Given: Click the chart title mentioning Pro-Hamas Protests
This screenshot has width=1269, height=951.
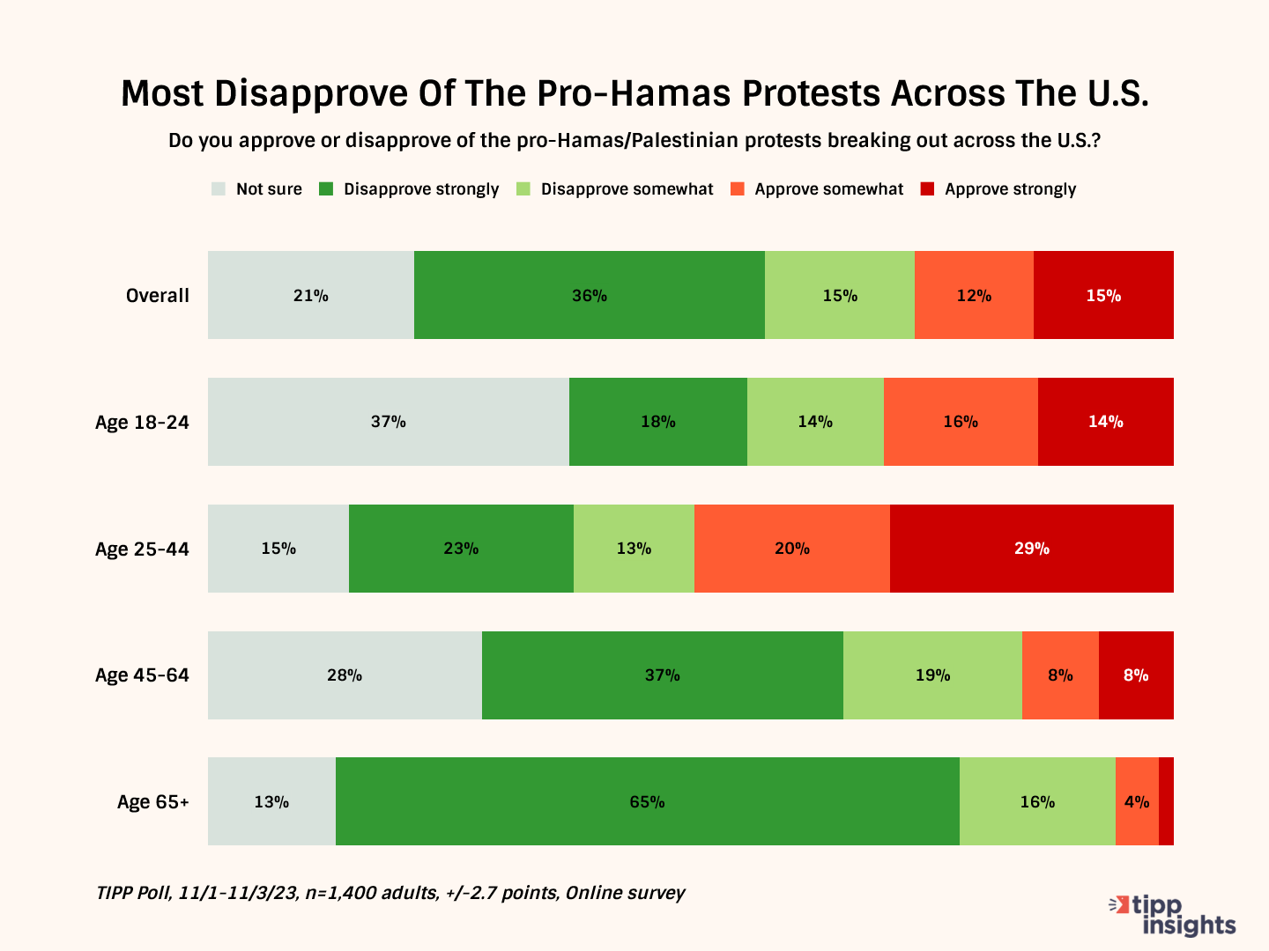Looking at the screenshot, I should (634, 93).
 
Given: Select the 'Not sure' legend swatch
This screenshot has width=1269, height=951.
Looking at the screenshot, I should (219, 189).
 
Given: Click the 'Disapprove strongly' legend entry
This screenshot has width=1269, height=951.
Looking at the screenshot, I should (410, 189).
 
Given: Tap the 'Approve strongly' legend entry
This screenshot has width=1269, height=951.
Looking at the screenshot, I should (998, 189).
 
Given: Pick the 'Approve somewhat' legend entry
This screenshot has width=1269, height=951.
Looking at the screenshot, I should (818, 189).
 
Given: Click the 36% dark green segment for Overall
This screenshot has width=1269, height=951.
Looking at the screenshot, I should (589, 295).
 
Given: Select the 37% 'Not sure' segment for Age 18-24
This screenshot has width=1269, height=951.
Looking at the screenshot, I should (388, 422).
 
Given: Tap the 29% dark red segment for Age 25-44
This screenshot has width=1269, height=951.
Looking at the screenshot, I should (1031, 549).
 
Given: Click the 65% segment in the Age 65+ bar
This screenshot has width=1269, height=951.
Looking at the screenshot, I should (647, 801).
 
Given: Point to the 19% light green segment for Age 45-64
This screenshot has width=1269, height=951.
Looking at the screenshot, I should (932, 675).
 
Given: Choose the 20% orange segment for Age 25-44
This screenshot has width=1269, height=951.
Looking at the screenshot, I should (791, 549).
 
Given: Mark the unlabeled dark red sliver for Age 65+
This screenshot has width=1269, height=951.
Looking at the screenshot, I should (1166, 801).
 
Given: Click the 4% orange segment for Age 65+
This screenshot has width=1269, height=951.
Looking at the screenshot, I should (1137, 801).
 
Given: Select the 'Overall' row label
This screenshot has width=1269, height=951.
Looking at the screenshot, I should (157, 296).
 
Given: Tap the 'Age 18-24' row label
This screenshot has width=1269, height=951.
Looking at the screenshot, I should (142, 423).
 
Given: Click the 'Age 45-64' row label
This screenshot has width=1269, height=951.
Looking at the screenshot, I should (142, 675).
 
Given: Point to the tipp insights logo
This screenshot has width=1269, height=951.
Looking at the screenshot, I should (1172, 916).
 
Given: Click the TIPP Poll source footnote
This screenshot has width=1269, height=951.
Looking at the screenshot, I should (390, 893).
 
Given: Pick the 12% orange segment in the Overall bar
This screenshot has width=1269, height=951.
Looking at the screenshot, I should (974, 295).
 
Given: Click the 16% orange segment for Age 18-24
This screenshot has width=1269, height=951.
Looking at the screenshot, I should (961, 422).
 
